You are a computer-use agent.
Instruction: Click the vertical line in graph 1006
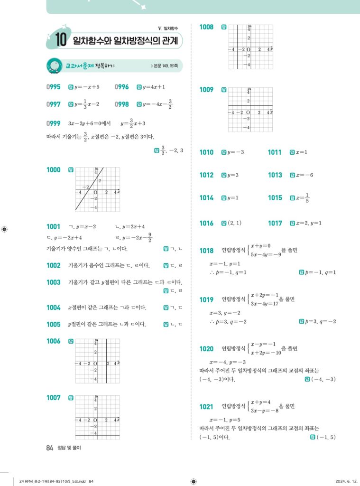(106, 361)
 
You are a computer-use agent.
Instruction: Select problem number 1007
(53, 398)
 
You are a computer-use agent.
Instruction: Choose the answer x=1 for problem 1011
(302, 152)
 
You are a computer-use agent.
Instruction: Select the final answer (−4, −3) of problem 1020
(323, 379)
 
